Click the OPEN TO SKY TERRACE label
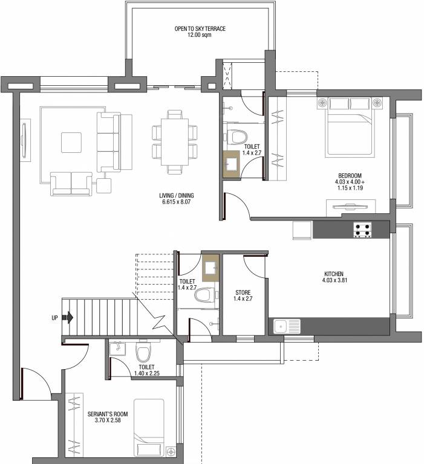[200, 28]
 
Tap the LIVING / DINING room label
[177, 196]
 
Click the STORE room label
[243, 293]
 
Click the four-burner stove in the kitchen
[362, 229]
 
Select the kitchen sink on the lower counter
[286, 327]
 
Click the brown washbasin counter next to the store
[210, 266]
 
